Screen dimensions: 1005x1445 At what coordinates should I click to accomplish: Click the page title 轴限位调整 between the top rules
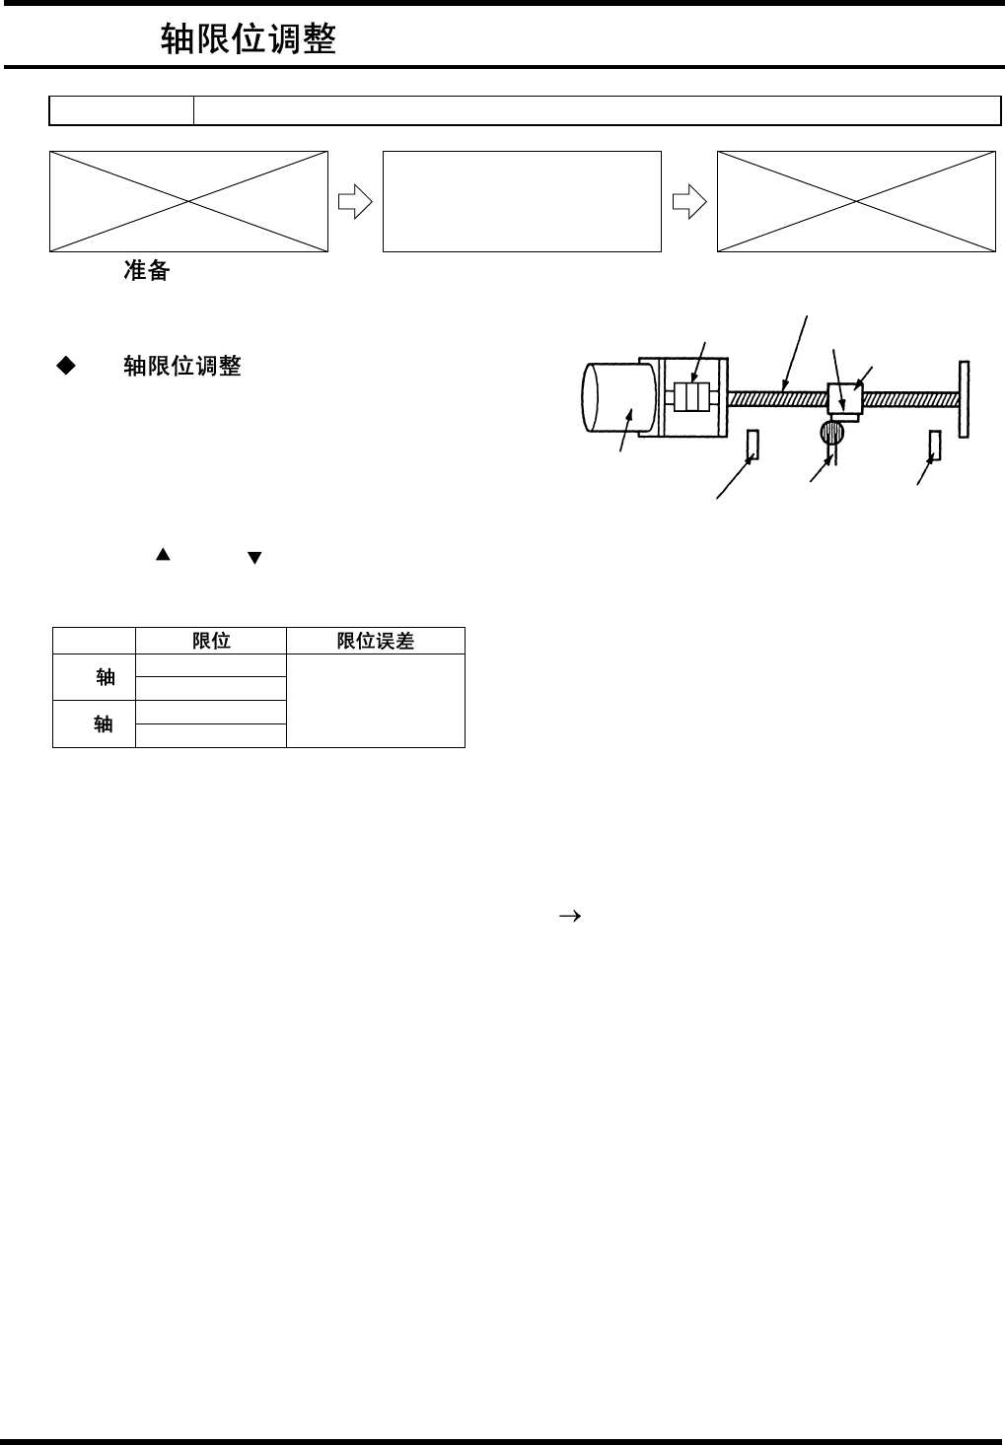pos(249,39)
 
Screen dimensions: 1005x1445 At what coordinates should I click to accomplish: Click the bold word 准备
pos(146,271)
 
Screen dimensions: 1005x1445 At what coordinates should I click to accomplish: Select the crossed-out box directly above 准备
pos(188,201)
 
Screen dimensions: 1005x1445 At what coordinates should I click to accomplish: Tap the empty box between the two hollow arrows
pos(521,201)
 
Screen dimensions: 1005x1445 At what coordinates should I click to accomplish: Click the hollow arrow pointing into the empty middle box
pos(354,202)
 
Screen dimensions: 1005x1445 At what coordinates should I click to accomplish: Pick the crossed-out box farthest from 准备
pos(855,201)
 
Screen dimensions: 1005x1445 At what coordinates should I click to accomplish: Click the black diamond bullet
pos(66,366)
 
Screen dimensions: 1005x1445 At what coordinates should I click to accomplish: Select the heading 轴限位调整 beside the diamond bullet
pos(182,367)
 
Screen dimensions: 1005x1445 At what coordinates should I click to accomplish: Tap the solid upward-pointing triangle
pos(163,555)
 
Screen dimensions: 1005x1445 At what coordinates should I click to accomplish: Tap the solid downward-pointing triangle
pos(254,558)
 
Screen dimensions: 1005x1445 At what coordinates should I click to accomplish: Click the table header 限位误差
pos(375,641)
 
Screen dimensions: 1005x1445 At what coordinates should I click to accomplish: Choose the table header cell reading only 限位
pos(211,641)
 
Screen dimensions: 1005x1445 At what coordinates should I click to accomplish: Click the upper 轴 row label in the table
pos(106,677)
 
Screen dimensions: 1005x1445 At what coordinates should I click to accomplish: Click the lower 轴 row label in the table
pos(104,724)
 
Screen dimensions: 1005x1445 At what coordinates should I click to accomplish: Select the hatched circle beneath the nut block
pos(832,432)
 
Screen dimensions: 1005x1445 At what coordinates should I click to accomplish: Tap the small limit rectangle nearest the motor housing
pos(753,445)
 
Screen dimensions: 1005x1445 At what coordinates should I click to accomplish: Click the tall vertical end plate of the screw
pos(964,398)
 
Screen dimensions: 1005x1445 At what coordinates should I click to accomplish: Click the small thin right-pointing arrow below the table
pos(569,916)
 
